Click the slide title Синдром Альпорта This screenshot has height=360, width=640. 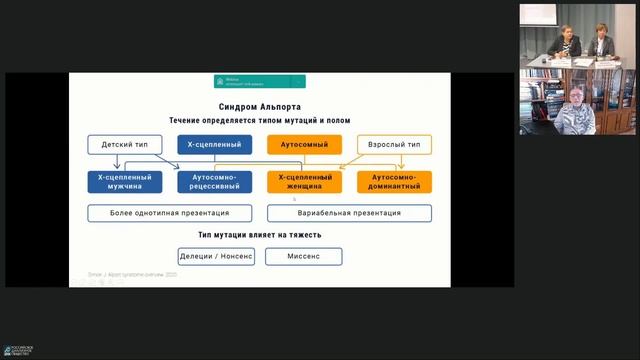click(259, 106)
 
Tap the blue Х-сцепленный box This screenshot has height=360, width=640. click(213, 145)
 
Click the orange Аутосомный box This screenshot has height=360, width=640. click(304, 145)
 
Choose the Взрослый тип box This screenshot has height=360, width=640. click(394, 145)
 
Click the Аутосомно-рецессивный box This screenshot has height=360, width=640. click(213, 181)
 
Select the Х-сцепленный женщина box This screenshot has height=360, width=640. click(304, 181)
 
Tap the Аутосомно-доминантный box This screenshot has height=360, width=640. click(394, 181)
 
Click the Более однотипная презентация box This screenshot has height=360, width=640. click(171, 213)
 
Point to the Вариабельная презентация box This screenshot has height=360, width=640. click(349, 213)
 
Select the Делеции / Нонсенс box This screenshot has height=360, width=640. click(216, 257)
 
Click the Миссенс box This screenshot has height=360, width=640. click(304, 257)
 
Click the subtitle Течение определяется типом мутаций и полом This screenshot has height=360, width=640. click(259, 120)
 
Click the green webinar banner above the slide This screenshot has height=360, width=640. click(259, 81)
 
